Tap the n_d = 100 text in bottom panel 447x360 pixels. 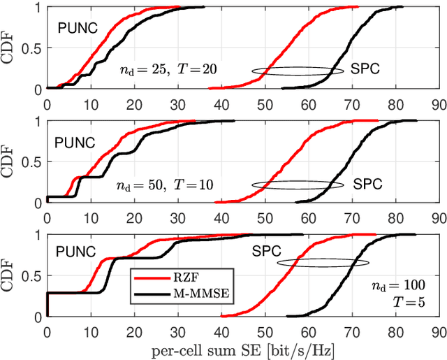397,287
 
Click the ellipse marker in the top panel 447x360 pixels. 298,71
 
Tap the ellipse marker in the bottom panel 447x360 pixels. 323,263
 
